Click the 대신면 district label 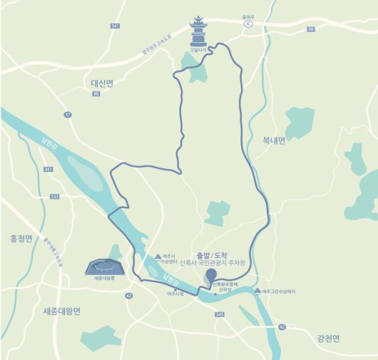tap(102, 83)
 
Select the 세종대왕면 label tap(62, 312)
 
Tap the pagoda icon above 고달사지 tap(198, 31)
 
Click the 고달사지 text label tap(198, 49)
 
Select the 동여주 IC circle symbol tap(248, 23)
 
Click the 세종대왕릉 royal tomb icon tap(104, 267)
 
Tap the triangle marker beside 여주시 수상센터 tap(158, 255)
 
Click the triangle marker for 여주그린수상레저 tap(257, 291)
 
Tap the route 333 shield tap(54, 197)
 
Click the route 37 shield tap(68, 114)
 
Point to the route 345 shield tap(219, 314)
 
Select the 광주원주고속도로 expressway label tap(169, 48)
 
